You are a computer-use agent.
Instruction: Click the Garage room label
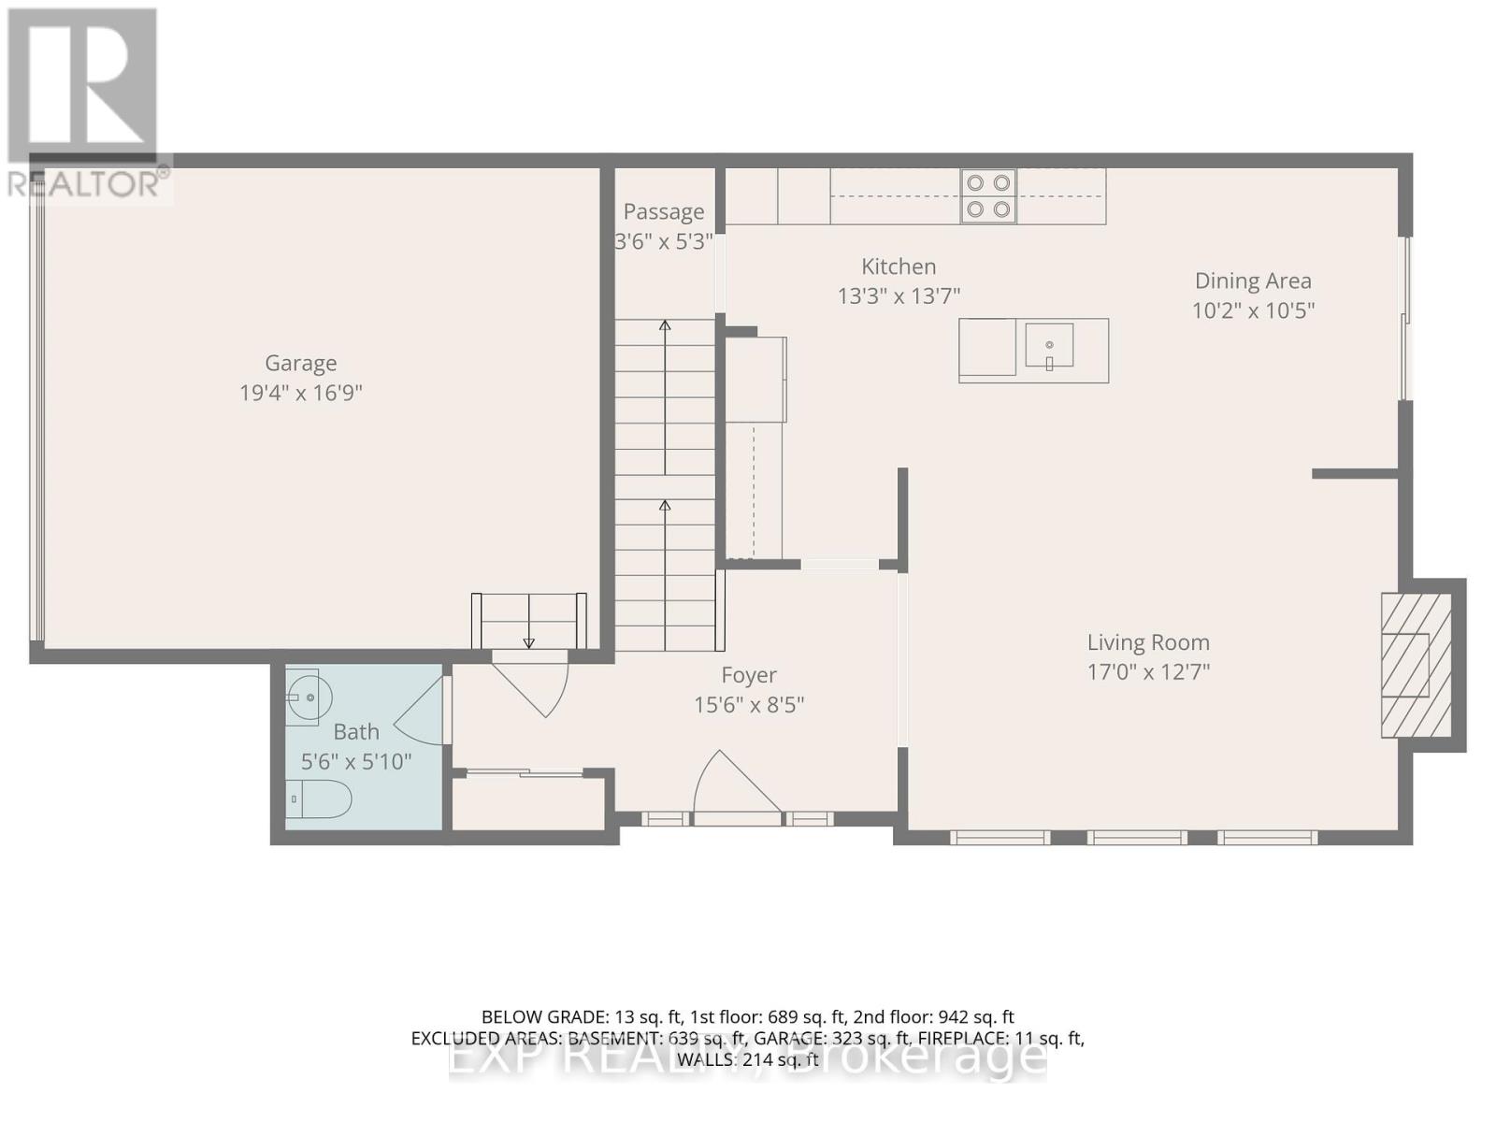coord(300,363)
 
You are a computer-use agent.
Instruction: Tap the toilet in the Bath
coord(320,799)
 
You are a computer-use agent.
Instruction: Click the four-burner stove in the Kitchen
coord(988,196)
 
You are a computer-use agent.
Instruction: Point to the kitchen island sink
coord(1049,344)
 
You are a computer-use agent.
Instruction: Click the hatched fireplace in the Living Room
coord(1417,665)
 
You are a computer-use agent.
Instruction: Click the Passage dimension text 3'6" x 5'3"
coord(663,241)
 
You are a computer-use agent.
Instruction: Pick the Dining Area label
coord(1253,280)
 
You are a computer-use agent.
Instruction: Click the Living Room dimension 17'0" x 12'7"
coord(1148,671)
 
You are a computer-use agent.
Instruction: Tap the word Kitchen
coord(899,266)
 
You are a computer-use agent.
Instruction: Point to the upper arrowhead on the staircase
coord(665,325)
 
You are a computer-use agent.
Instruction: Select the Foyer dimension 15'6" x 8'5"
coord(749,704)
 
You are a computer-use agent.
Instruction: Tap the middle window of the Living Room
coord(1137,837)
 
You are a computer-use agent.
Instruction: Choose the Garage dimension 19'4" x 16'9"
coord(300,393)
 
